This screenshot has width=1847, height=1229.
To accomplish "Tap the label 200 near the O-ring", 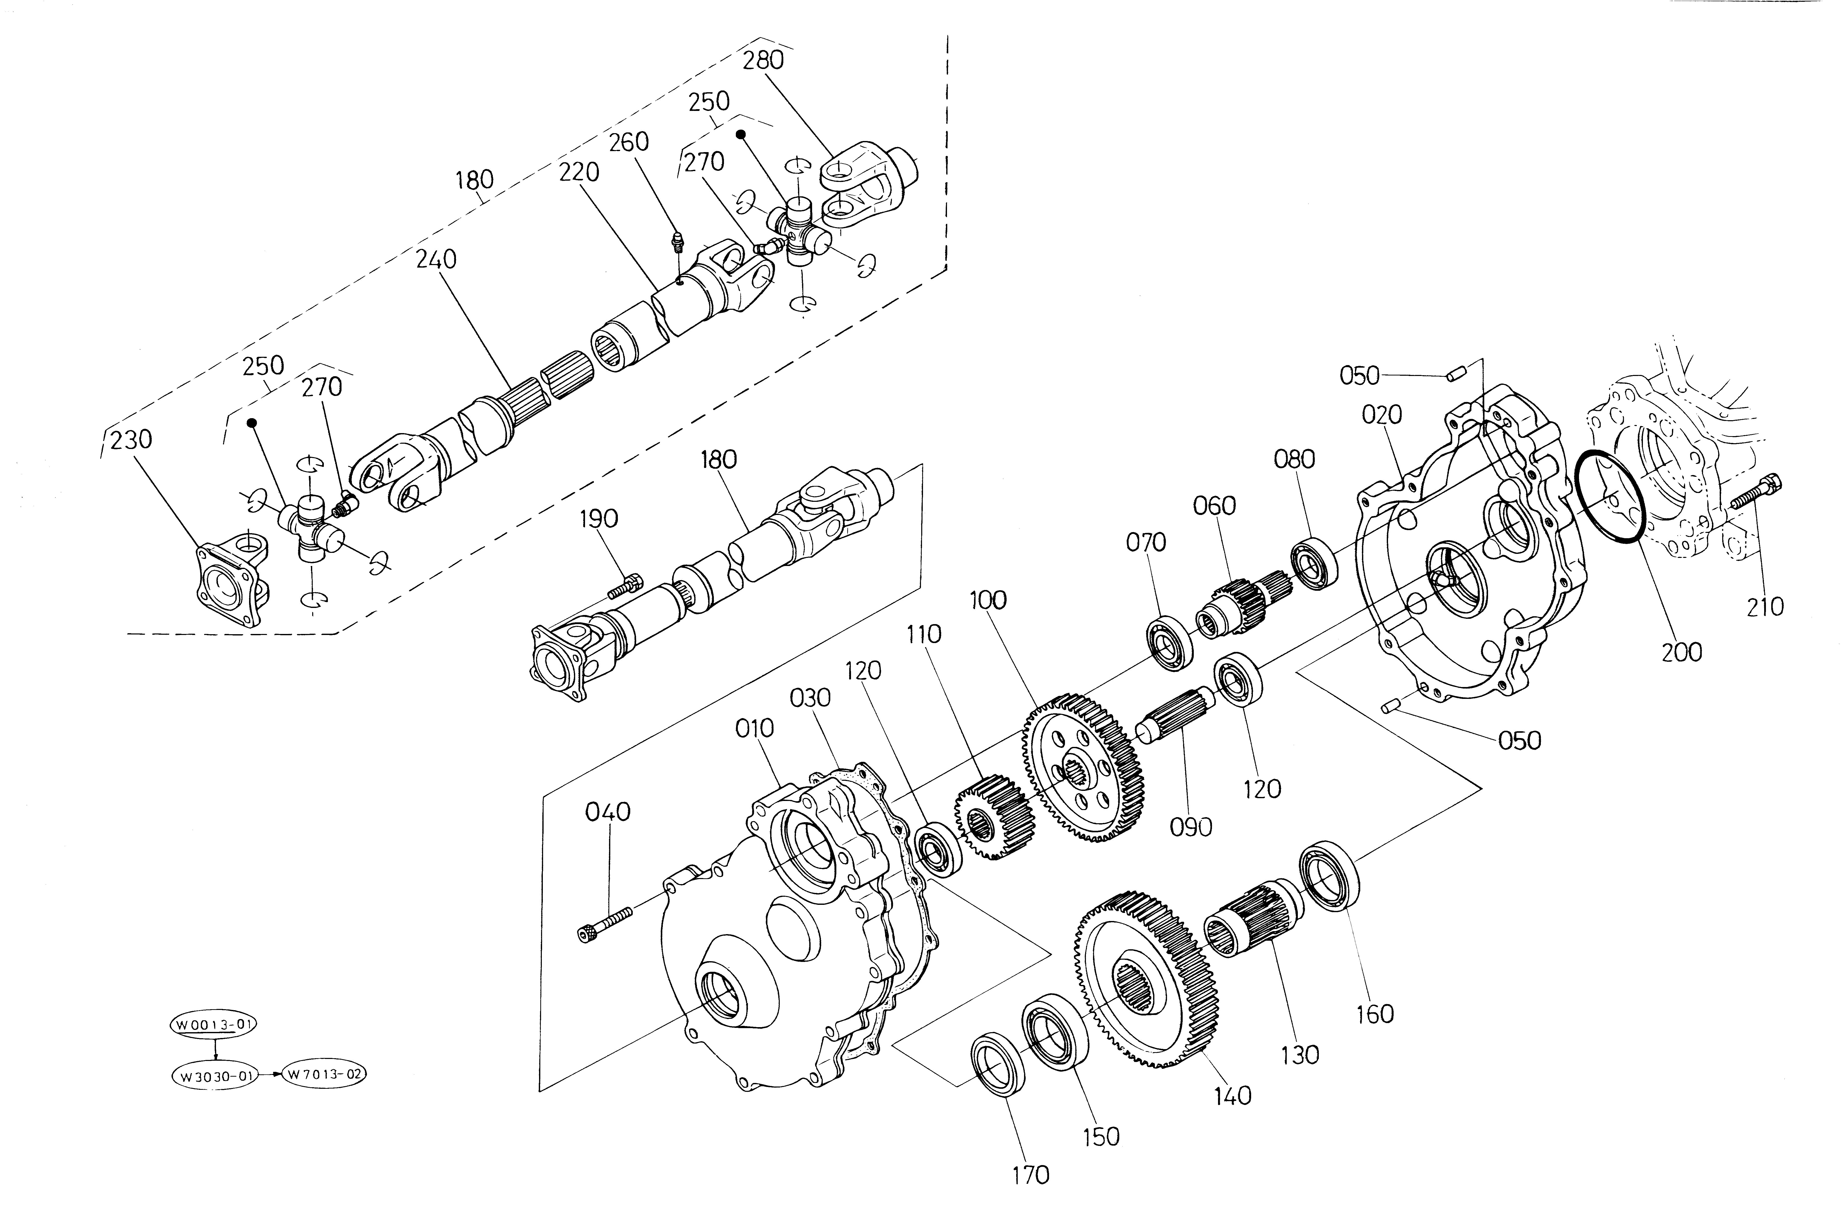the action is click(x=1682, y=651).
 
